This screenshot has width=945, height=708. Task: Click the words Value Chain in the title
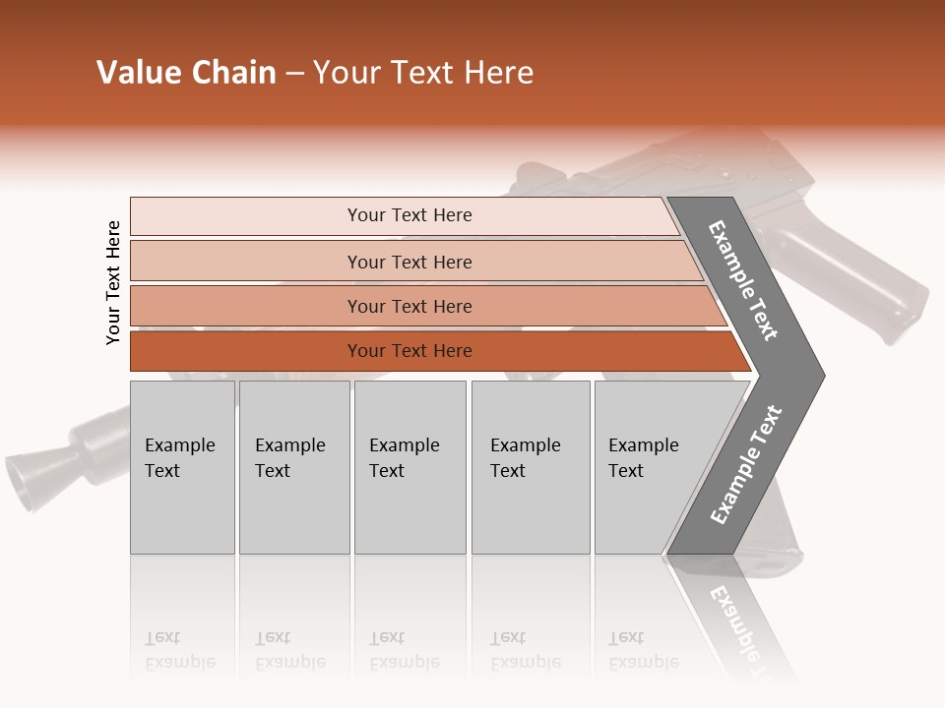[x=186, y=73]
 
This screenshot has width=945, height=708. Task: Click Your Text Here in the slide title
[x=423, y=73]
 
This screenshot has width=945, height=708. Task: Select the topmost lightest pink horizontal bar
[x=409, y=215]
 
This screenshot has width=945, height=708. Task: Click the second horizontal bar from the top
[x=409, y=262]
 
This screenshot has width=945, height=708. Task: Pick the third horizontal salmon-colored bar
[x=409, y=306]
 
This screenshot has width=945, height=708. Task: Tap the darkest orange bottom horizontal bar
[x=409, y=351]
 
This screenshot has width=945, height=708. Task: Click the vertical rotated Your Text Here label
[x=113, y=282]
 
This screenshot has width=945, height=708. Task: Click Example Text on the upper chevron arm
[x=743, y=280]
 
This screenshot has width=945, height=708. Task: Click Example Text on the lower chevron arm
[x=746, y=464]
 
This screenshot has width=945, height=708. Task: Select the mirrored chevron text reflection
[x=738, y=624]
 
